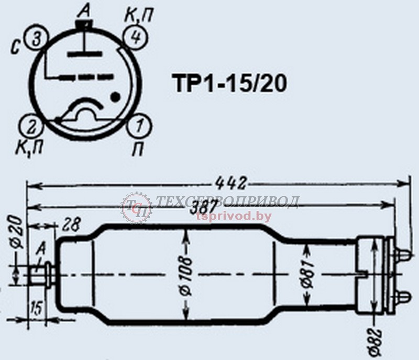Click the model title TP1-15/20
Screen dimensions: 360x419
point(229,83)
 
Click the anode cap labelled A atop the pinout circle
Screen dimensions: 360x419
point(84,24)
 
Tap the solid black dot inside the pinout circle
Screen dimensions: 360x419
point(116,97)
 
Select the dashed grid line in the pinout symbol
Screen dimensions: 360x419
point(86,78)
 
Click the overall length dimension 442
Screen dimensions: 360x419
point(231,184)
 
